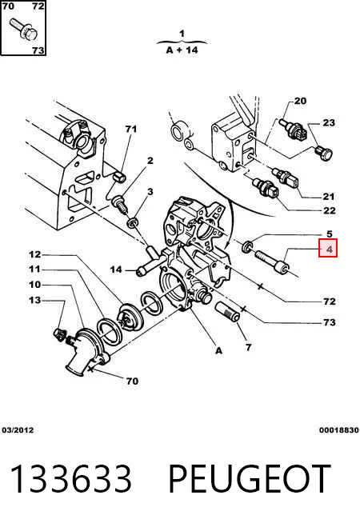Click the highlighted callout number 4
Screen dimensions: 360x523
tap(328, 249)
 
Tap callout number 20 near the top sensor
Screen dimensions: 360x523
tap(300, 101)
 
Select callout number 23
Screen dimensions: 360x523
tap(328, 122)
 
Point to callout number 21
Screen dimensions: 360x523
tap(328, 197)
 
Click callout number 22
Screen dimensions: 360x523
tap(329, 210)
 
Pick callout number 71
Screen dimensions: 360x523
tap(130, 129)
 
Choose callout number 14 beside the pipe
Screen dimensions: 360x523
tap(116, 269)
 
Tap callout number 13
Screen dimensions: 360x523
tap(34, 300)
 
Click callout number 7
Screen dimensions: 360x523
tap(248, 348)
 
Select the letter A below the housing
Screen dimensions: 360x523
tap(218, 350)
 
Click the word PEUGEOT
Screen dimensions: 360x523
tap(250, 479)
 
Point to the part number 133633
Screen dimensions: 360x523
tap(70, 479)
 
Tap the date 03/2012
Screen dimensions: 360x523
tap(18, 430)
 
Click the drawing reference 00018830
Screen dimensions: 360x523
tap(339, 430)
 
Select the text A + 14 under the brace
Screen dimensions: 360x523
tap(182, 50)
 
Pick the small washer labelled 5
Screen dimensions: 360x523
tap(247, 247)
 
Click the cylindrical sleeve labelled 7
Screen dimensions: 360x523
tap(226, 312)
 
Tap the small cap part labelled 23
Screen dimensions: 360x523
tap(324, 154)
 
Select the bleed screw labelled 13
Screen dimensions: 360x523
tap(58, 334)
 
